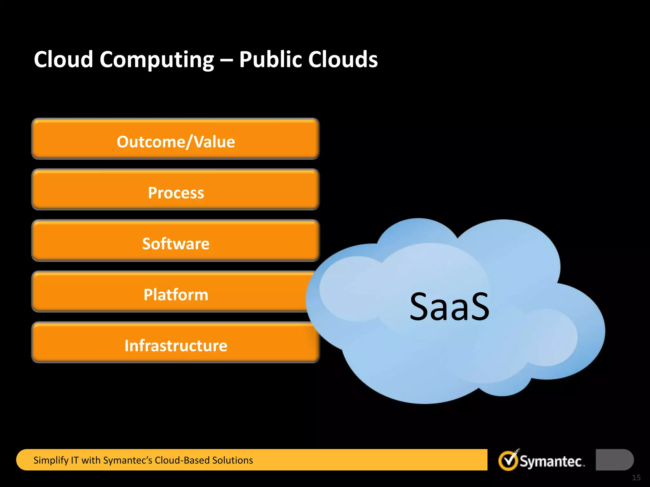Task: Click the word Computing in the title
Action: (157, 60)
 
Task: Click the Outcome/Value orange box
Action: (176, 139)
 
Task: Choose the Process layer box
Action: (176, 190)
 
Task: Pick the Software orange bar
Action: (176, 241)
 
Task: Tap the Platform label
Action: (176, 295)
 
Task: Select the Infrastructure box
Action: (176, 345)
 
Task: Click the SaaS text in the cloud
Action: (449, 307)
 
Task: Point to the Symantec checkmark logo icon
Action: (508, 460)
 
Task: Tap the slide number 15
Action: (636, 477)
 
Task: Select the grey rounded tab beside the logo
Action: (614, 460)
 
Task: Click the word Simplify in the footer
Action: (51, 460)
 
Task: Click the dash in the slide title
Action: (226, 60)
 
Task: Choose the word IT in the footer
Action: (75, 460)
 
